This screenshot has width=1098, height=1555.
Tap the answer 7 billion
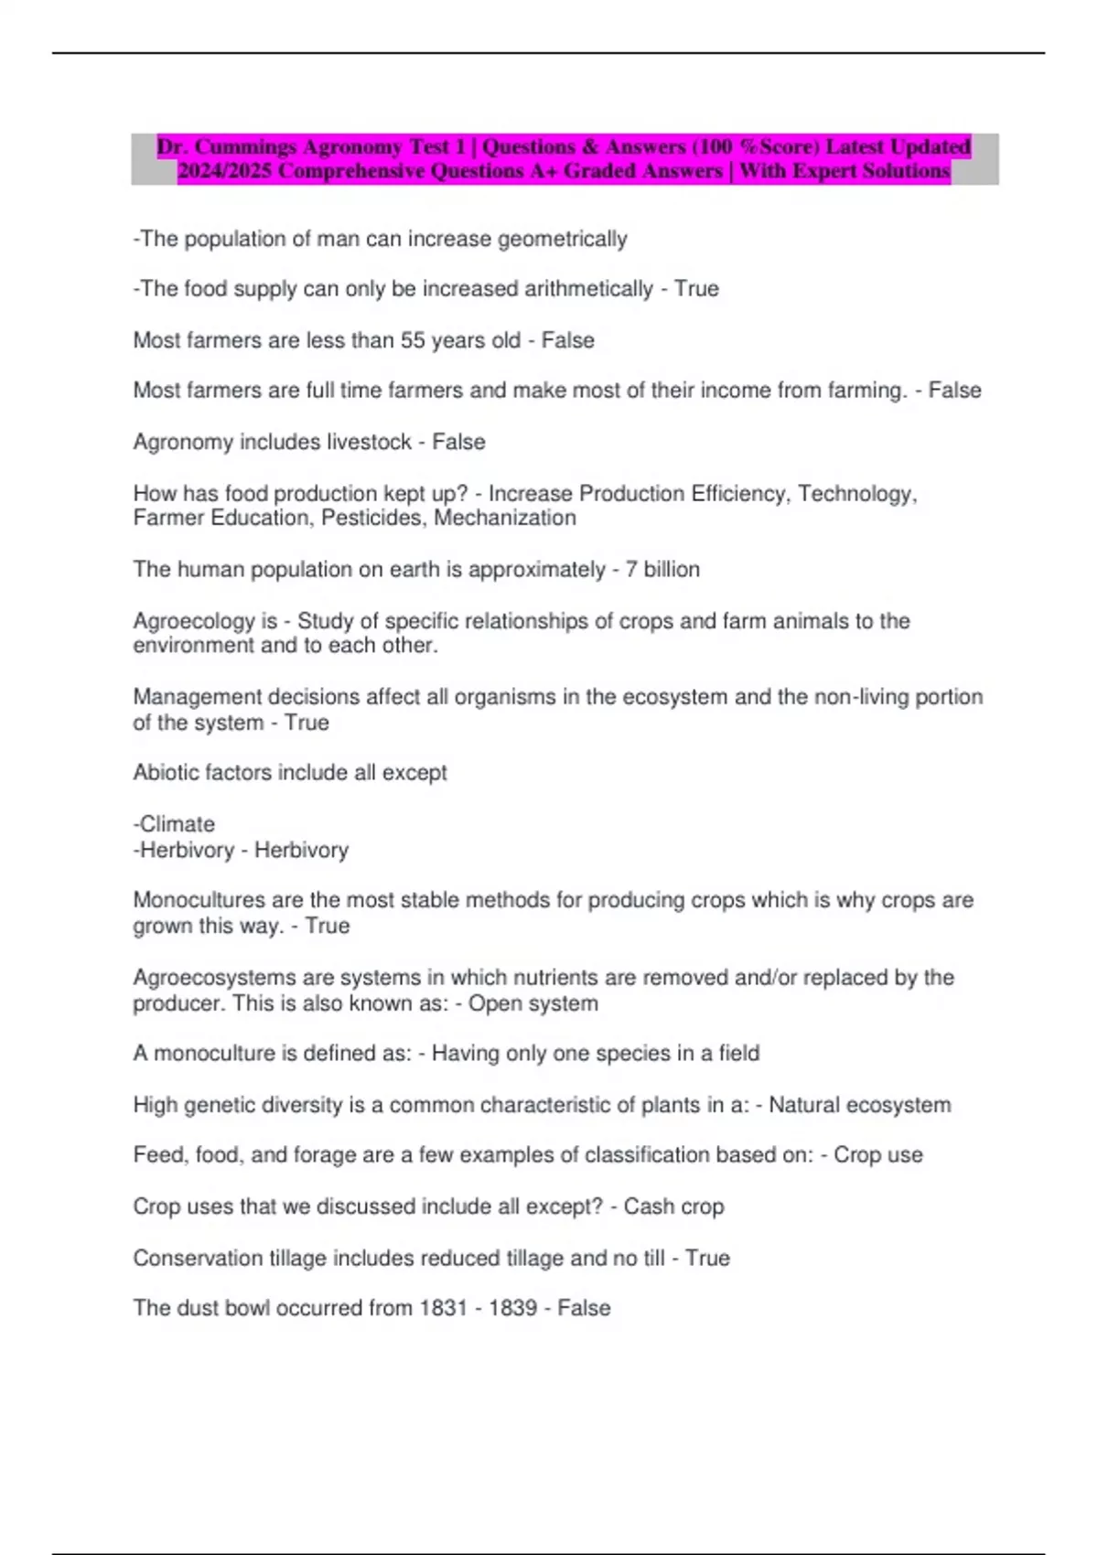(662, 570)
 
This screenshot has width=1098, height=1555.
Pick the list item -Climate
(174, 824)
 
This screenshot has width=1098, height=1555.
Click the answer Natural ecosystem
(859, 1105)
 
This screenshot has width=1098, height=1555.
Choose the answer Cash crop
(673, 1206)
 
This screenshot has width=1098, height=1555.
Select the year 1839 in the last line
(512, 1308)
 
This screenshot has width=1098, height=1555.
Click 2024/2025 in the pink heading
(224, 171)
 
